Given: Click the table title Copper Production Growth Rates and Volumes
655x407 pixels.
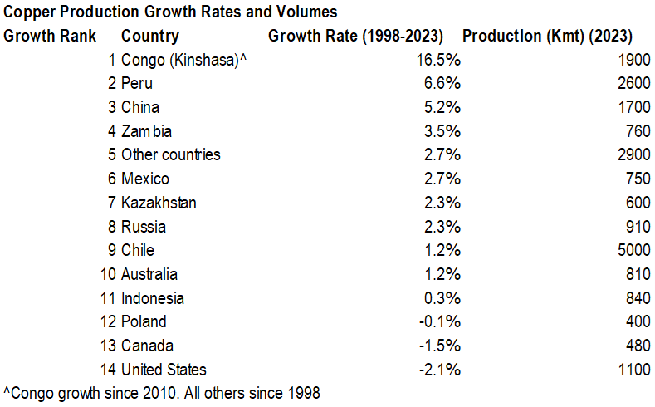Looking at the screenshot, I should pos(170,12).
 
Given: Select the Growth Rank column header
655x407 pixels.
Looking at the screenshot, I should pos(50,36).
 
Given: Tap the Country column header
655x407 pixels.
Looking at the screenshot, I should pos(149,36).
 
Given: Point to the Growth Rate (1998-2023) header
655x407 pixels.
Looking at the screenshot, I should pos(355,36).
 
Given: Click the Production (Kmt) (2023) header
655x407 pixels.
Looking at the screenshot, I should pos(547,36).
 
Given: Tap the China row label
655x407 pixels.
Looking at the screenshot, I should pos(140,107).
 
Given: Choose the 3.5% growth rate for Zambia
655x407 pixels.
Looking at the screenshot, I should pos(443,131).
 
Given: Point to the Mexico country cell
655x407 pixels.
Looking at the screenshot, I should pos(145,179).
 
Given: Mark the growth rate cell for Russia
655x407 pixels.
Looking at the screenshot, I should pos(443,227).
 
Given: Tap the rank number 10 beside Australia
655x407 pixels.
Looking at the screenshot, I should pos(106,274).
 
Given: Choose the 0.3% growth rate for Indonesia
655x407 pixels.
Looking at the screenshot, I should pos(443,298).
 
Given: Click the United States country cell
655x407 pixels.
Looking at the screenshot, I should pos(164,370).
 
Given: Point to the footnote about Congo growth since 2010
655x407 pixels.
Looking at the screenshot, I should pos(162,392).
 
